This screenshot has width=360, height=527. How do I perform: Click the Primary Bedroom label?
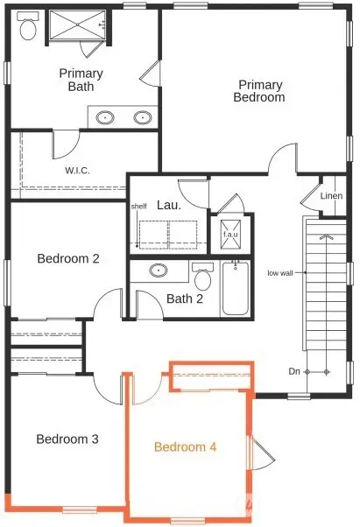point(259,91)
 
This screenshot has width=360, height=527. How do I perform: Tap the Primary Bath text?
point(81,80)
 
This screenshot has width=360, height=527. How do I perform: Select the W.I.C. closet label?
point(77,170)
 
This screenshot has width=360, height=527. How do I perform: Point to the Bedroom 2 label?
point(67,258)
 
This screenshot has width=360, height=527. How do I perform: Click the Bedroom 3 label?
point(67,439)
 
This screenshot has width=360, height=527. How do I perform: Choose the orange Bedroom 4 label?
point(185,446)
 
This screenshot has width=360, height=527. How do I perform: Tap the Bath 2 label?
point(185,299)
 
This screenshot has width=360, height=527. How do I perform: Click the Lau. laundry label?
point(169,206)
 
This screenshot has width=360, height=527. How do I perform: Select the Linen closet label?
point(332,195)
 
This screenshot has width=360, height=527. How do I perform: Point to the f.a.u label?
point(230,235)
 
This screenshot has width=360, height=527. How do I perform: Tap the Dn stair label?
point(295,371)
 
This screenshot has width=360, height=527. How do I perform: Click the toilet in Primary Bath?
point(28,28)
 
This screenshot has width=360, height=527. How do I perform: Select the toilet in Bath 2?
point(203,278)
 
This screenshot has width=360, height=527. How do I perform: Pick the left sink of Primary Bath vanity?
point(105,116)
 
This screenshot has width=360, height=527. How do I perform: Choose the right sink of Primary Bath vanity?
point(140,116)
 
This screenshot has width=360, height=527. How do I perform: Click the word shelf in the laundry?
point(138,207)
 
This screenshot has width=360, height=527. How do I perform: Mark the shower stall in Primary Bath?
point(75,26)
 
